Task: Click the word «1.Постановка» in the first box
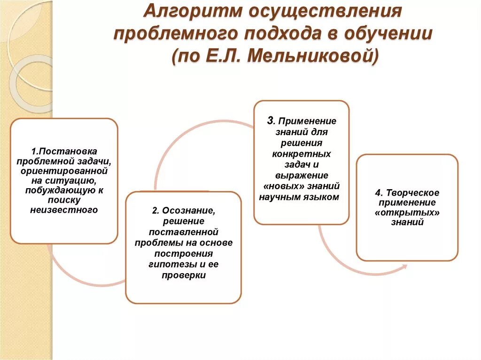click(x=64, y=152)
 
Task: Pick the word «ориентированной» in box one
click(x=64, y=171)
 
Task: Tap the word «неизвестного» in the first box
click(x=64, y=210)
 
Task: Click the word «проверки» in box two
click(x=184, y=276)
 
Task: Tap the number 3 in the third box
click(x=270, y=120)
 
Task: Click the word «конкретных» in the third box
click(x=302, y=154)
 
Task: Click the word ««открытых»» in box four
click(x=407, y=213)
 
